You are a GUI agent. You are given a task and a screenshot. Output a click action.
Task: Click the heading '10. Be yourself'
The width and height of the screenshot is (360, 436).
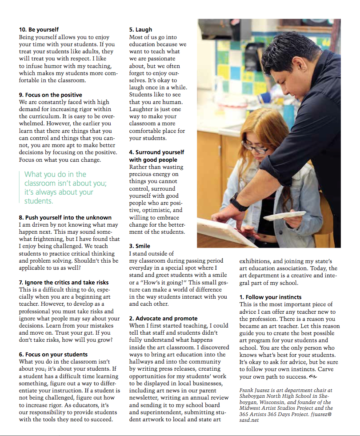pos(39,30)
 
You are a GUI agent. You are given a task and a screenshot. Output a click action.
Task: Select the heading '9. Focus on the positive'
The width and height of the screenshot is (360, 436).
pos(50,95)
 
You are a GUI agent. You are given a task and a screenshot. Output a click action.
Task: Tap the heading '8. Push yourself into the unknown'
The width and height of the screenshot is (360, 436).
pos(65,217)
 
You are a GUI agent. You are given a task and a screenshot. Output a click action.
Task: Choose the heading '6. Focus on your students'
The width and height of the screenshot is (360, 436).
pos(53,354)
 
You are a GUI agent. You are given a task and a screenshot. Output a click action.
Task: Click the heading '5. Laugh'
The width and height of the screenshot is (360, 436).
pos(140,30)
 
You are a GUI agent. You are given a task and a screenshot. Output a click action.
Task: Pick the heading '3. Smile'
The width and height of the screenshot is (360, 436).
pos(140,246)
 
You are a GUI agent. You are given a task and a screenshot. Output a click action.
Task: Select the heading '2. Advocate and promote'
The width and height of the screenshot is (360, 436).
pos(163,318)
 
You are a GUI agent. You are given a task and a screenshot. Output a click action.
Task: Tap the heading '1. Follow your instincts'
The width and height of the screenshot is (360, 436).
pos(270,297)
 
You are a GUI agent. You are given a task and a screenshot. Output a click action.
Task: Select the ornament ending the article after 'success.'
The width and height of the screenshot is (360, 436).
pos(312,377)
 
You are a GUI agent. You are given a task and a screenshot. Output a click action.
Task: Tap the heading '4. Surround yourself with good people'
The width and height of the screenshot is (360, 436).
pos(156,156)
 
